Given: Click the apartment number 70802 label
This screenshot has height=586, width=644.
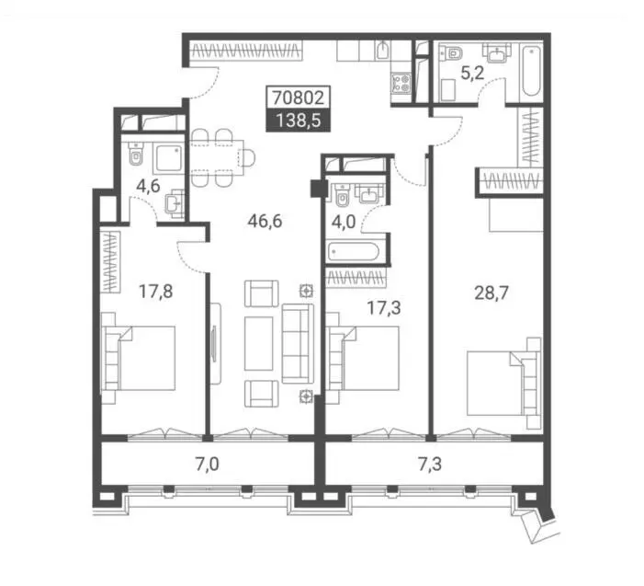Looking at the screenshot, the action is click(299, 98).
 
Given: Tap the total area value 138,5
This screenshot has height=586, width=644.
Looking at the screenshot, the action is click(299, 121).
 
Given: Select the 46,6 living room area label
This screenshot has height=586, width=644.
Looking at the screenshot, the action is click(265, 221).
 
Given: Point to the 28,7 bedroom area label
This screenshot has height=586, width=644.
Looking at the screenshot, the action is click(491, 293).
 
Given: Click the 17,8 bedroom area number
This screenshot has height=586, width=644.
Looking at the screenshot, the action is click(155, 292).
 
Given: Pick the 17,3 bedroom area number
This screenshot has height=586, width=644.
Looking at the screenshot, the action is click(384, 308).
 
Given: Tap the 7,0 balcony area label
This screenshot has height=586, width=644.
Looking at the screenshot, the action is click(207, 465).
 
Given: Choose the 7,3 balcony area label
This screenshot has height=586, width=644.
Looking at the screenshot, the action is click(430, 465).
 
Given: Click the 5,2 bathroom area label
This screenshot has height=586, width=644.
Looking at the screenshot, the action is click(472, 74).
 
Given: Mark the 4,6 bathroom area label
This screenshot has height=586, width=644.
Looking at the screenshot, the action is click(148, 186).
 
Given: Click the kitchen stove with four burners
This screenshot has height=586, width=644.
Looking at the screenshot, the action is click(401, 83).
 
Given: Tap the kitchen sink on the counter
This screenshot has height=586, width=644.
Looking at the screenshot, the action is click(383, 51).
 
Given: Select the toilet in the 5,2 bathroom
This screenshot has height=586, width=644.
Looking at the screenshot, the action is click(451, 52).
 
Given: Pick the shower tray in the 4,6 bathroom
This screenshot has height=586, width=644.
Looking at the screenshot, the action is click(168, 158).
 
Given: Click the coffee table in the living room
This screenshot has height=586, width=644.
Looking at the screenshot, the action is click(259, 344).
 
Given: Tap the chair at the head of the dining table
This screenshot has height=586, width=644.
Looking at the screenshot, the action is click(247, 158).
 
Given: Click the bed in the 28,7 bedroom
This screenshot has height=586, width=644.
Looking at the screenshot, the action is click(504, 383).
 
